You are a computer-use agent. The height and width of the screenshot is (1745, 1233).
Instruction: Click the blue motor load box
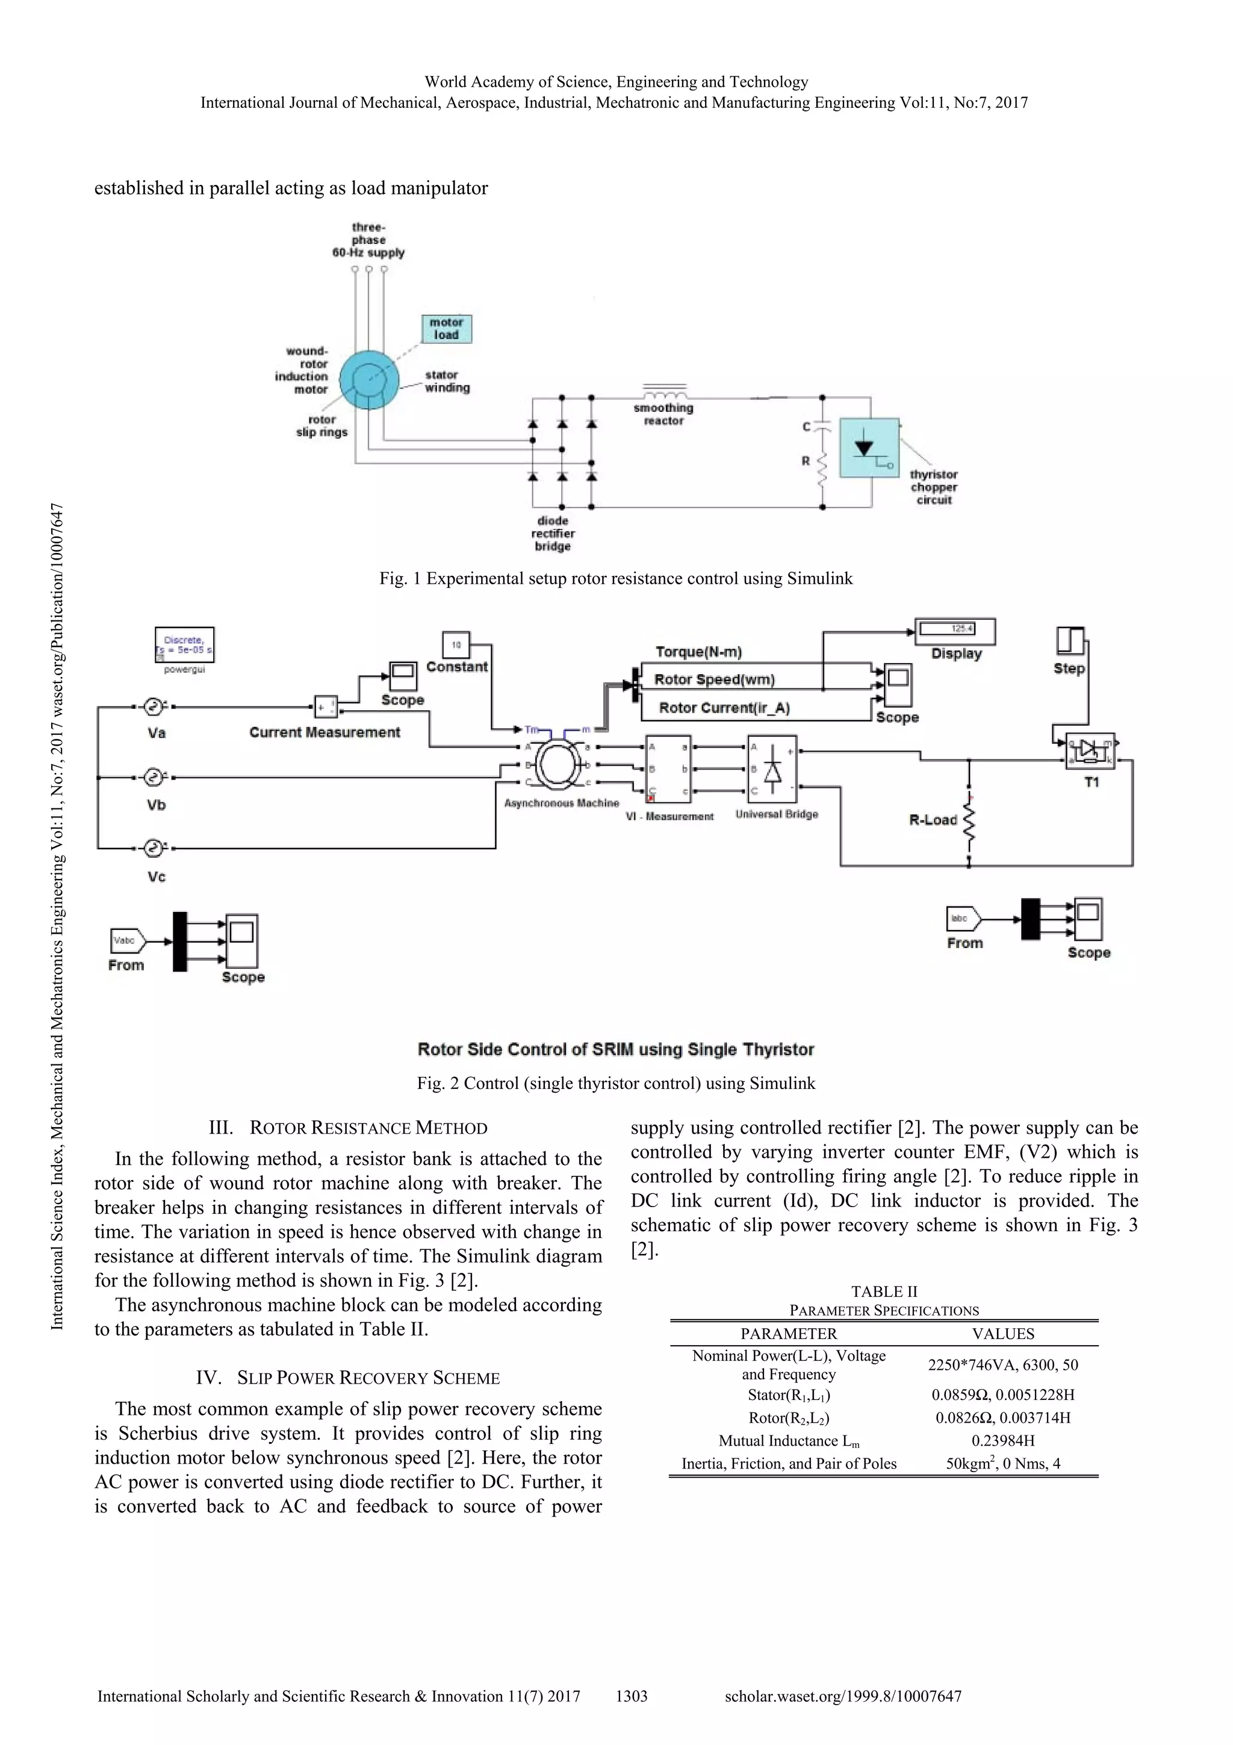pos(447,329)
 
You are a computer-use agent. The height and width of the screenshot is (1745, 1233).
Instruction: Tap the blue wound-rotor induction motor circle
pos(369,379)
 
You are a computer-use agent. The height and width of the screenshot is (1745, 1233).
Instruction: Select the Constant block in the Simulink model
pos(456,645)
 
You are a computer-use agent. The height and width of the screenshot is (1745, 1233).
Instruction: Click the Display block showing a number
pos(955,631)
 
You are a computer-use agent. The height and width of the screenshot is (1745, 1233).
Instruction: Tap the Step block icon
pos(1070,641)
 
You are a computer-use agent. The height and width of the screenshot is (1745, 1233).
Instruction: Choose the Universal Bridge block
pos(772,769)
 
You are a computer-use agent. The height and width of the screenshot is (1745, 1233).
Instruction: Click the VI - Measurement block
pos(668,769)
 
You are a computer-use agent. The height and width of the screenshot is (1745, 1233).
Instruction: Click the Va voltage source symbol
pos(154,707)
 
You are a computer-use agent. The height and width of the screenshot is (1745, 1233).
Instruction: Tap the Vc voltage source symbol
pos(154,848)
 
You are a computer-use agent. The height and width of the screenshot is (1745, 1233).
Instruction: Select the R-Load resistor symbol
pos(969,819)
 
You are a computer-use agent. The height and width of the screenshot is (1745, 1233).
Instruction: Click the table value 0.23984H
pos(1003,1441)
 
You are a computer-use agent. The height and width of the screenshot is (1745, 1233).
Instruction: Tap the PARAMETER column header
pos(789,1334)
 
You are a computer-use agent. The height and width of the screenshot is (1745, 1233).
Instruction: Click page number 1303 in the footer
pos(632,1696)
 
